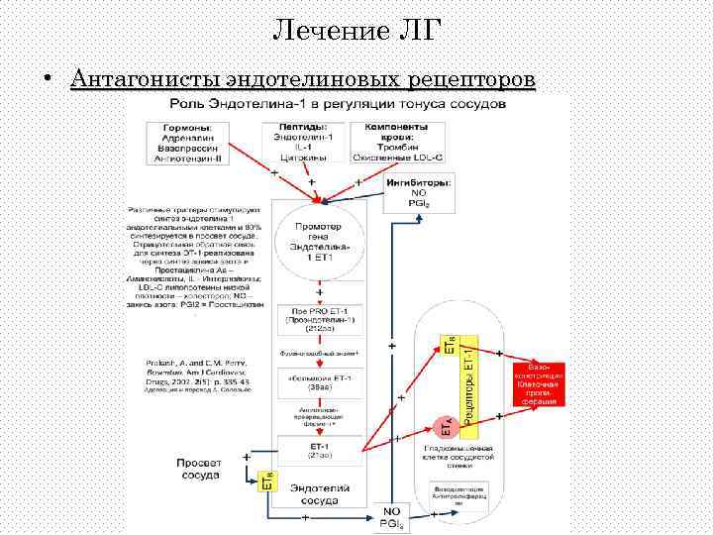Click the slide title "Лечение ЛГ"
point(356,31)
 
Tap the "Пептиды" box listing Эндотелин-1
point(305,143)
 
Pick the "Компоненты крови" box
point(396,143)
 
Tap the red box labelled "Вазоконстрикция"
point(539,381)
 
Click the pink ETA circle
point(447,426)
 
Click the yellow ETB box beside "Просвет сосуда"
point(265,482)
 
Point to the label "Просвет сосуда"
point(205,470)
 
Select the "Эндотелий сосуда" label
point(320,492)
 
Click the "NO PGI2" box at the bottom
point(391,517)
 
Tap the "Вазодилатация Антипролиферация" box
point(458,495)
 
